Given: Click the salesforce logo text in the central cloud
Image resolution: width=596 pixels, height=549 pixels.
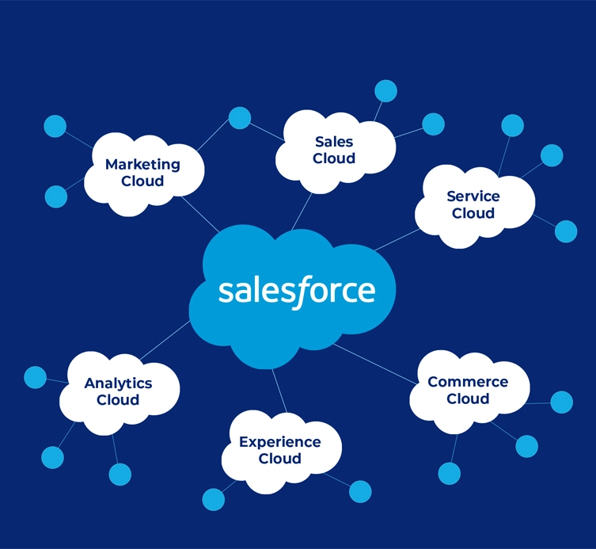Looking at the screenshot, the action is (297, 292).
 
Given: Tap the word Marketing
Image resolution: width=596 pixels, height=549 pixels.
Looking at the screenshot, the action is (142, 165).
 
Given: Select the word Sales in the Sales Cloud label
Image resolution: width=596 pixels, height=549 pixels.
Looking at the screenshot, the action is (334, 142).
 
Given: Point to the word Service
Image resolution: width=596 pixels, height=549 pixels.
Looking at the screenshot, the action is (473, 196).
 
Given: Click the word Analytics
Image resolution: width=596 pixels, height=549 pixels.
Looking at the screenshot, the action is (118, 383).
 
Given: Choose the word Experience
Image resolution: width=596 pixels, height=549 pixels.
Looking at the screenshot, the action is (280, 442).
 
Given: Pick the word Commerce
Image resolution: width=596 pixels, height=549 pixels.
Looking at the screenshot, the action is (468, 382).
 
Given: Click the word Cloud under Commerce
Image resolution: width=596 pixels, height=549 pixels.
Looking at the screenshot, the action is (468, 398).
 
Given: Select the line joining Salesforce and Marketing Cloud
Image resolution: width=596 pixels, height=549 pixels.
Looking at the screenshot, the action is (200, 215).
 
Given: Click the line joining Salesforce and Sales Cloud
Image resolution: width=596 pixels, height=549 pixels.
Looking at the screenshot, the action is (302, 212).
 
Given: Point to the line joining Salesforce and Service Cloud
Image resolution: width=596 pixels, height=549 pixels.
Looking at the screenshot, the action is (397, 240).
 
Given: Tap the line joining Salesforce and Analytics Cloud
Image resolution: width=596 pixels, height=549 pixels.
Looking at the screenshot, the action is (165, 340).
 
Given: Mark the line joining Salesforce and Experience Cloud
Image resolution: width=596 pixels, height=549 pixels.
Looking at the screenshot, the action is (279, 391).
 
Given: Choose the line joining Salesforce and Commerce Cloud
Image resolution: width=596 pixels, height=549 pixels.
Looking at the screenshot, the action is (375, 364).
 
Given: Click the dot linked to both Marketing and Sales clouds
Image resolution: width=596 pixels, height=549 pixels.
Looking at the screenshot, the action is (240, 118).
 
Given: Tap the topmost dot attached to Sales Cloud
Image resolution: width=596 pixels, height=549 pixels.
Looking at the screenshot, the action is (385, 91).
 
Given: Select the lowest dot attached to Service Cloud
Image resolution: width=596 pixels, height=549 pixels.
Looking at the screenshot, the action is (566, 231).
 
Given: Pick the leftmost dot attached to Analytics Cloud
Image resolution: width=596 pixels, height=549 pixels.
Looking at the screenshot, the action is (36, 377).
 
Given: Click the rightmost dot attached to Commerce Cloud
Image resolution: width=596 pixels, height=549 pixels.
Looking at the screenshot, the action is (562, 402).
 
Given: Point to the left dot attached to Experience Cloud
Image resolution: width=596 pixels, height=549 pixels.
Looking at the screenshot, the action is (214, 500).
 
